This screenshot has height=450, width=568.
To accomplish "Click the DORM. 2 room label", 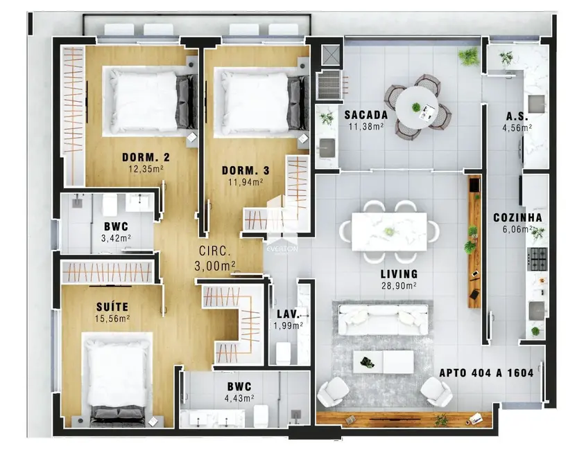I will pos(146,157).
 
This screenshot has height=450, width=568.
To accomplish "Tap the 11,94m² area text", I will pos(242,183).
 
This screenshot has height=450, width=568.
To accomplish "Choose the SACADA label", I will pos(365,114).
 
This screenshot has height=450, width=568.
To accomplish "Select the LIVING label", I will pos(399,274).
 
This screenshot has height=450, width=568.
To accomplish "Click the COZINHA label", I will pos(517,217).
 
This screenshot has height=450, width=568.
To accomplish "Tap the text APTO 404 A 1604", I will pos(486,373).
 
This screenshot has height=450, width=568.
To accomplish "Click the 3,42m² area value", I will pos(117,237).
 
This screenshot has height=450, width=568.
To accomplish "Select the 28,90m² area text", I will pos(399,285).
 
